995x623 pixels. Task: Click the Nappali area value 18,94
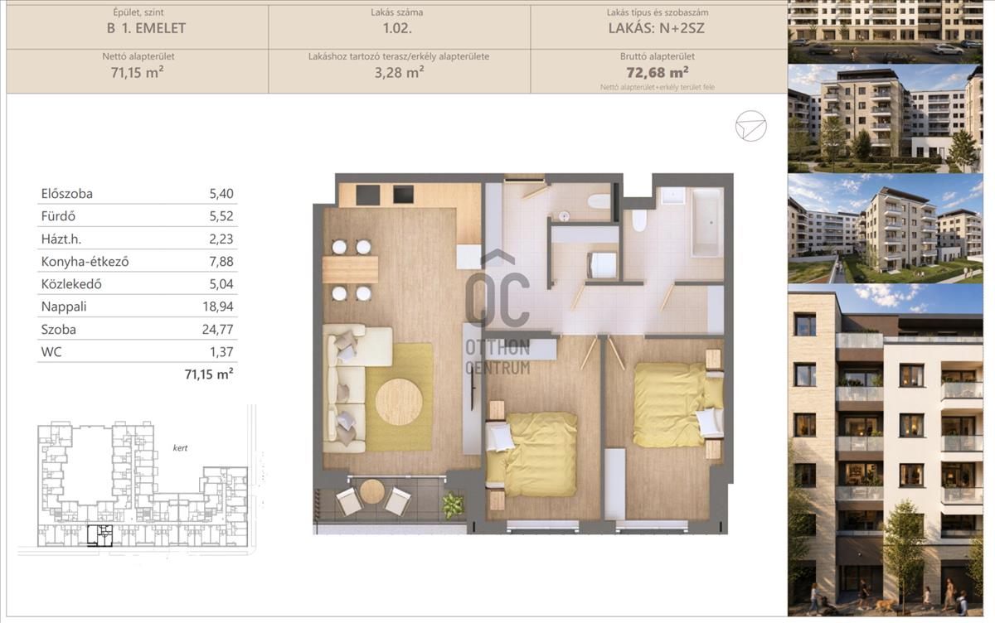tap(217, 307)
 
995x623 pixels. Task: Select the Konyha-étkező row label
tap(85, 262)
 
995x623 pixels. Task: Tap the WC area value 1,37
tap(221, 352)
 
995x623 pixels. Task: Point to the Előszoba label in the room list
tap(66, 194)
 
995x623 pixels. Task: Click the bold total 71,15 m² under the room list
tap(209, 374)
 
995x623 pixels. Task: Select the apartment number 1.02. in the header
tap(397, 28)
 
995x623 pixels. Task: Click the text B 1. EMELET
tap(146, 28)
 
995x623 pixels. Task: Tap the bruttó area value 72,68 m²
tap(658, 72)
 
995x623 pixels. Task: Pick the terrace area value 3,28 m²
tap(399, 72)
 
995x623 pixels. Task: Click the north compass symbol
tap(750, 126)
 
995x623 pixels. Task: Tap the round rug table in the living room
tap(399, 402)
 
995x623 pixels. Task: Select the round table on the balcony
tap(371, 491)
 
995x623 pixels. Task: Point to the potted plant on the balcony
tap(452, 505)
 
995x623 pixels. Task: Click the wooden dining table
tap(350, 269)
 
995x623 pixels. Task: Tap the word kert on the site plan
tap(181, 448)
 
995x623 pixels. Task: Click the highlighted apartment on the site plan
tap(99, 535)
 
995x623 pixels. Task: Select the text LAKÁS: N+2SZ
tap(657, 28)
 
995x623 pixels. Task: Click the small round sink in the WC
tap(564, 216)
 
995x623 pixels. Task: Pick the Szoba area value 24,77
tap(217, 329)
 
